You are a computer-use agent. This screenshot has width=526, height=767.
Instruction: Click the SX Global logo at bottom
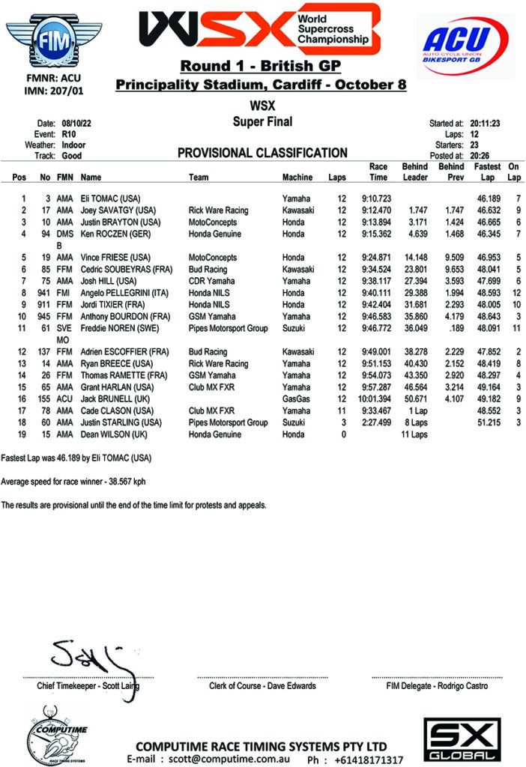coord(459,740)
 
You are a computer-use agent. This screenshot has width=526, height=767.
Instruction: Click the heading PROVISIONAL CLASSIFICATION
coord(262,154)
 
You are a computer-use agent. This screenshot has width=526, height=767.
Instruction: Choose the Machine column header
coord(297,178)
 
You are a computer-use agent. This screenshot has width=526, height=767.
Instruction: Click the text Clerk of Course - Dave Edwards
coord(262,685)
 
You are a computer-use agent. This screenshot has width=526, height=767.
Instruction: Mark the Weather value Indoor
coord(73,145)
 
